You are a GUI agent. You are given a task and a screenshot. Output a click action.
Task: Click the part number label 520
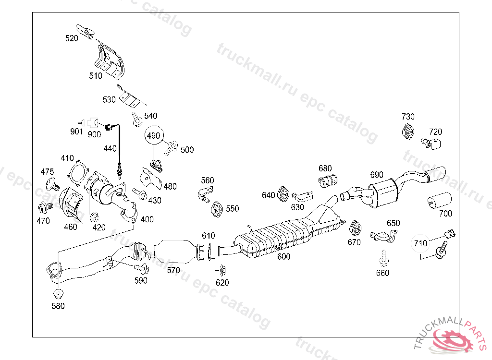(x=72, y=38)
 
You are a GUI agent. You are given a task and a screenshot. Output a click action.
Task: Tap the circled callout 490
(x=153, y=136)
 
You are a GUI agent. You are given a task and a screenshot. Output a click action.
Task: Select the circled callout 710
(x=420, y=243)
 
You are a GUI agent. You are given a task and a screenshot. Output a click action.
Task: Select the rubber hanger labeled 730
(x=408, y=131)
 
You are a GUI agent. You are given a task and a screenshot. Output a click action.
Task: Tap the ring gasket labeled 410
(x=78, y=173)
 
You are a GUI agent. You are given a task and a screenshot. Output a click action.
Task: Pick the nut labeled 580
(x=58, y=293)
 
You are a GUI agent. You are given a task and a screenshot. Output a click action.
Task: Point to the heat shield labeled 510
(x=109, y=61)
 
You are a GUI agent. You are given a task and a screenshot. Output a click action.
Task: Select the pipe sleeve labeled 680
(x=329, y=181)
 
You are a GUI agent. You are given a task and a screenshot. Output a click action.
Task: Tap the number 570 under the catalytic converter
(x=173, y=270)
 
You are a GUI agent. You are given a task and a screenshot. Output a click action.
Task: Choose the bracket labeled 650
(x=384, y=235)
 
